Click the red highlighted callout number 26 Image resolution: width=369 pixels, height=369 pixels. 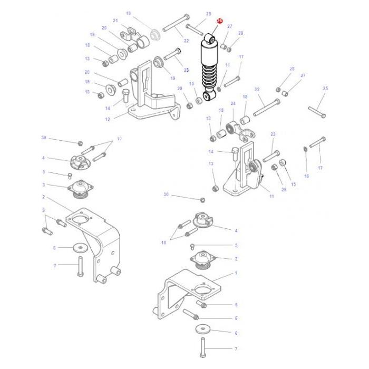point(220,21)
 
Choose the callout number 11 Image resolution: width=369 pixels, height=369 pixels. point(271,196)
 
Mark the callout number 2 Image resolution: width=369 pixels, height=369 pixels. point(43,197)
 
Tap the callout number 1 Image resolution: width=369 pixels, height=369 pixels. point(236,273)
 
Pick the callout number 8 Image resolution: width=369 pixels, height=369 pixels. point(236,318)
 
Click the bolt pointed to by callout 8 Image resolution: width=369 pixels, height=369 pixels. point(190,314)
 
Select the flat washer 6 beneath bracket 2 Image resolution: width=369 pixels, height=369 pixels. point(79,246)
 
